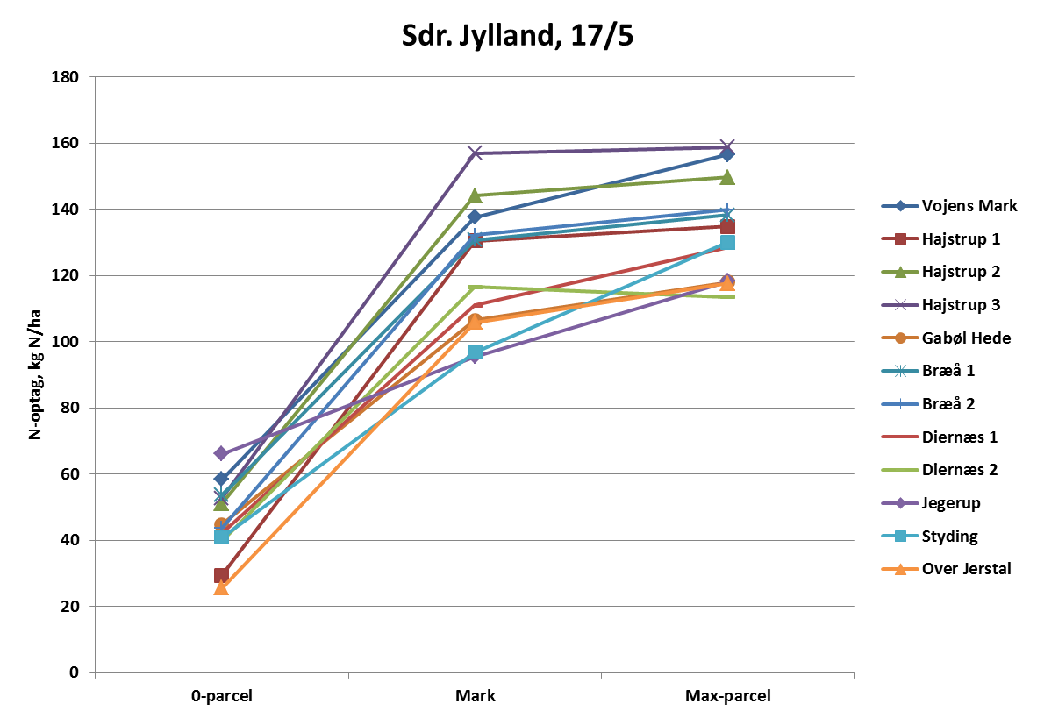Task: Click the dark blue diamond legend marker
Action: point(900,206)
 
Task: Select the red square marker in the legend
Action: point(900,238)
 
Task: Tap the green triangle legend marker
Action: point(900,272)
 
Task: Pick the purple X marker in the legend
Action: point(900,305)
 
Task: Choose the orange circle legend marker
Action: point(900,338)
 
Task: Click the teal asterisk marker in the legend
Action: point(900,371)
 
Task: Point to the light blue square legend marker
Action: point(900,536)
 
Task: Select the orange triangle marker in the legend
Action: point(900,569)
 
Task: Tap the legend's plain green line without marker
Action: point(900,470)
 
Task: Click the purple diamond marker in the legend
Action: point(900,503)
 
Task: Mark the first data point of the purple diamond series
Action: point(221,453)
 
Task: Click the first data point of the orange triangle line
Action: point(221,588)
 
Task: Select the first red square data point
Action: point(221,575)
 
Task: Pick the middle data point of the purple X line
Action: point(475,153)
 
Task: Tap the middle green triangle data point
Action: point(475,195)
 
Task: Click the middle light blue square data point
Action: point(475,352)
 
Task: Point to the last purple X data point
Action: point(727,146)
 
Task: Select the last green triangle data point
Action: point(727,177)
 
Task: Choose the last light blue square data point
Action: point(727,242)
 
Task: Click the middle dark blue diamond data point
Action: point(475,217)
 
